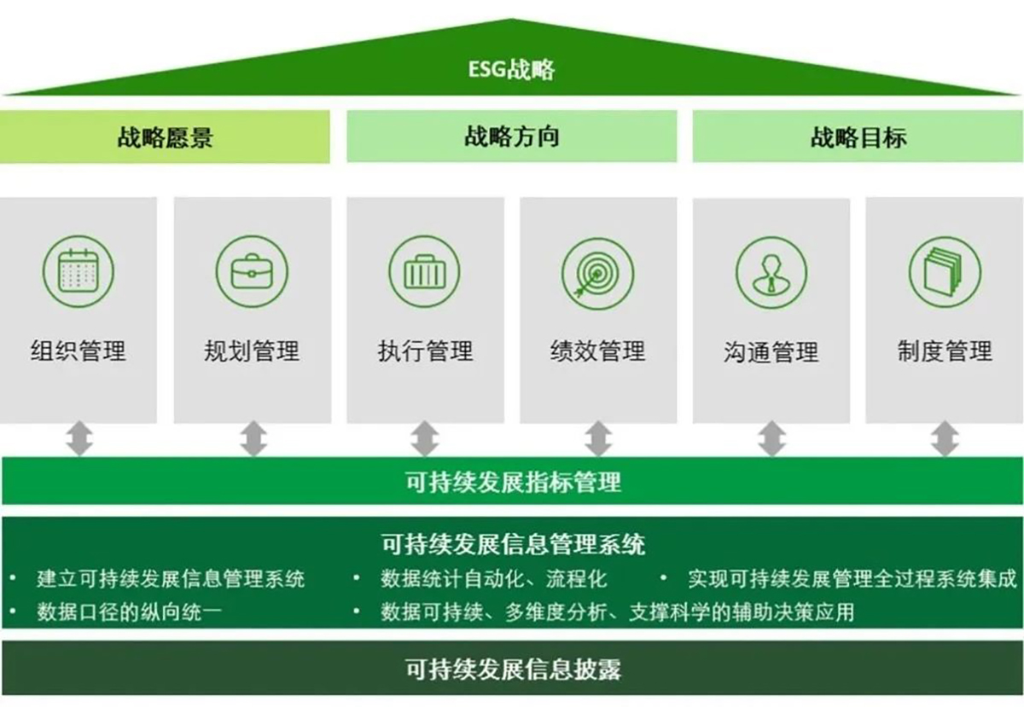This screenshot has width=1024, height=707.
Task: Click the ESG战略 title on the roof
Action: coord(511,70)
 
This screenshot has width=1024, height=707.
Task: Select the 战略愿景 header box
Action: coord(165,136)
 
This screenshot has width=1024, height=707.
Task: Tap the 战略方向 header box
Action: coord(511,136)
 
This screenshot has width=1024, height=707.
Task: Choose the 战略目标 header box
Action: coord(858,136)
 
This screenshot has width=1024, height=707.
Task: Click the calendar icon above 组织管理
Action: coord(79,271)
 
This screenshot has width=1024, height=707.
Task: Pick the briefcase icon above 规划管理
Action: coord(252,271)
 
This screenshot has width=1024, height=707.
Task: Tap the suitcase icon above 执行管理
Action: coord(425,271)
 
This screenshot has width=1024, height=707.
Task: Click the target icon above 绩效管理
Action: coord(598,273)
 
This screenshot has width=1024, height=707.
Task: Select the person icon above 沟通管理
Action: coord(771,272)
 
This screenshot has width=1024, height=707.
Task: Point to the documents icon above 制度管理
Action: coord(945,272)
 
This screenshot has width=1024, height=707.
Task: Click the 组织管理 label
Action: coord(79,351)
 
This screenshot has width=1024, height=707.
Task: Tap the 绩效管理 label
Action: coord(598,351)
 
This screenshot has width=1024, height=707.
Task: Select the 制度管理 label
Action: coord(945,351)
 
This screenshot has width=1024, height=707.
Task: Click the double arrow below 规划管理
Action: coord(253,438)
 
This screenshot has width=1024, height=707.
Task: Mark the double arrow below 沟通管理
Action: coord(772,438)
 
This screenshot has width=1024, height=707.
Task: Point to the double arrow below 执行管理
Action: coord(425,438)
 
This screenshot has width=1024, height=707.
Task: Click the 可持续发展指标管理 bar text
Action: coord(514,482)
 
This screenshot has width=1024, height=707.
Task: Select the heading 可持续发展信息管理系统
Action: coord(514,544)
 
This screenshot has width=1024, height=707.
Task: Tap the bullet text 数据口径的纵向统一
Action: coord(130,612)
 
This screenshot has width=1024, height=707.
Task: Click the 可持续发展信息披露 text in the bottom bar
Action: coord(514,669)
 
